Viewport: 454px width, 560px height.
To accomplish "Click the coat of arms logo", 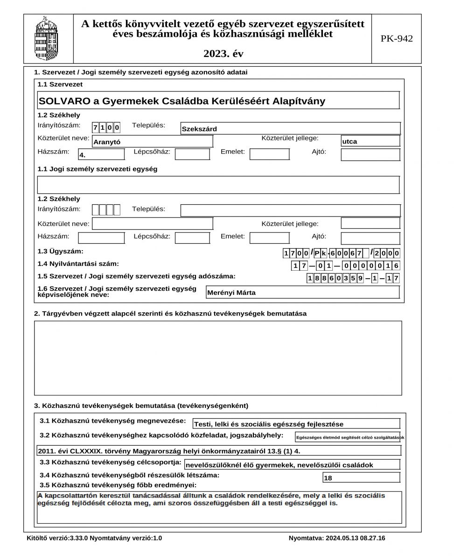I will coord(49,39).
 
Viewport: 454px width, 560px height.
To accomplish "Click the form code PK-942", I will coord(397,39).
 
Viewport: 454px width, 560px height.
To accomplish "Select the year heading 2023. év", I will coord(223,54).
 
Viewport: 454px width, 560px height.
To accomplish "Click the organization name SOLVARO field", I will coord(218,101).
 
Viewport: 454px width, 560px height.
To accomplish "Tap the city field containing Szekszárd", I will coord(290,129).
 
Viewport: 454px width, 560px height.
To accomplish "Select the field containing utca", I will coord(370,141).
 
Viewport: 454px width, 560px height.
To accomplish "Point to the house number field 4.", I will coord(101,154).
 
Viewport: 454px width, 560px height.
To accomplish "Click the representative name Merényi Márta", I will coord(302,293).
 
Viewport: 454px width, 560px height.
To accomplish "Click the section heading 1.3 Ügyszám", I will coord(61,252).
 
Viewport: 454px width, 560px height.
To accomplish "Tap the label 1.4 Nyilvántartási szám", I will coord(78,264).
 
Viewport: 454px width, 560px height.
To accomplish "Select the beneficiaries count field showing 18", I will coord(361,478).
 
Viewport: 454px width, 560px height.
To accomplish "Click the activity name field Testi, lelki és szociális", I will coord(296,424).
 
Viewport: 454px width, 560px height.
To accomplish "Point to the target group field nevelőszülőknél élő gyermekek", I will coord(292,465).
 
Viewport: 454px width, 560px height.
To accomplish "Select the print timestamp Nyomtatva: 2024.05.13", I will coord(337,538).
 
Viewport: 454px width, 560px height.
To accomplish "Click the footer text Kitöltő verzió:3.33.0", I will coord(95,538).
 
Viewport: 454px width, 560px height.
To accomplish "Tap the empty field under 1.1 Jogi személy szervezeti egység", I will coord(218,185).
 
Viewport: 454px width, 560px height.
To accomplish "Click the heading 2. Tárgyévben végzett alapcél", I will coord(170,314).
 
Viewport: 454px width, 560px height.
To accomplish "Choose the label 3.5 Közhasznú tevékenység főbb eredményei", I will coord(118,485).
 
